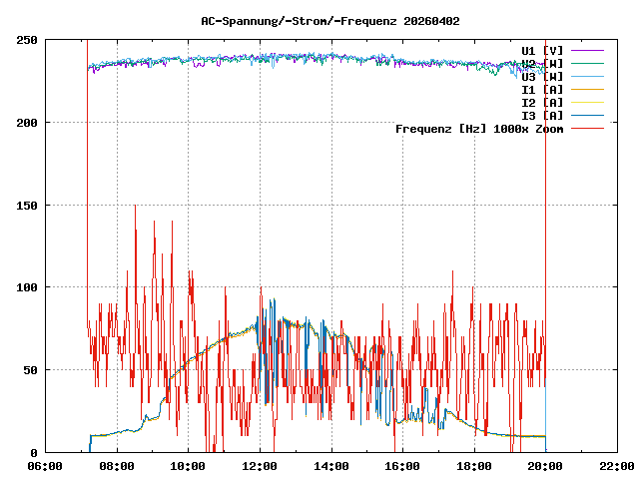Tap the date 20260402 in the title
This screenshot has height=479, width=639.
(x=431, y=21)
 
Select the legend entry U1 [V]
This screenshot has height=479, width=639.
(x=542, y=50)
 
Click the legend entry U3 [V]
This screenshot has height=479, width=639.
(x=542, y=76)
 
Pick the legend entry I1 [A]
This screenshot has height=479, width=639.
(x=542, y=89)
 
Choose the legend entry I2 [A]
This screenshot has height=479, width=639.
(x=542, y=102)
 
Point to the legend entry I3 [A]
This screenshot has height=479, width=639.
(x=542, y=115)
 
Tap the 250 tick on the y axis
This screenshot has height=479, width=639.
(x=27, y=40)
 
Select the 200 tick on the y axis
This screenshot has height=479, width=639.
(x=27, y=123)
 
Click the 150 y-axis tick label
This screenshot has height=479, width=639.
(x=27, y=205)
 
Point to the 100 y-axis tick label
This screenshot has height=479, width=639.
(x=27, y=287)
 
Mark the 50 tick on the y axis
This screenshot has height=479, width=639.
(x=30, y=370)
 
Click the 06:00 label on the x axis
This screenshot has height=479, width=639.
(x=45, y=465)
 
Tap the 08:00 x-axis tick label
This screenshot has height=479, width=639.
(x=117, y=465)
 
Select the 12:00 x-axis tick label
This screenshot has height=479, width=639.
(x=260, y=465)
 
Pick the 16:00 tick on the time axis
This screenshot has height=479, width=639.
(x=402, y=465)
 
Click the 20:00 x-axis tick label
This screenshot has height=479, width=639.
(x=545, y=465)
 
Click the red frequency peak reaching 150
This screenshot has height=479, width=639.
(x=135, y=207)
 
